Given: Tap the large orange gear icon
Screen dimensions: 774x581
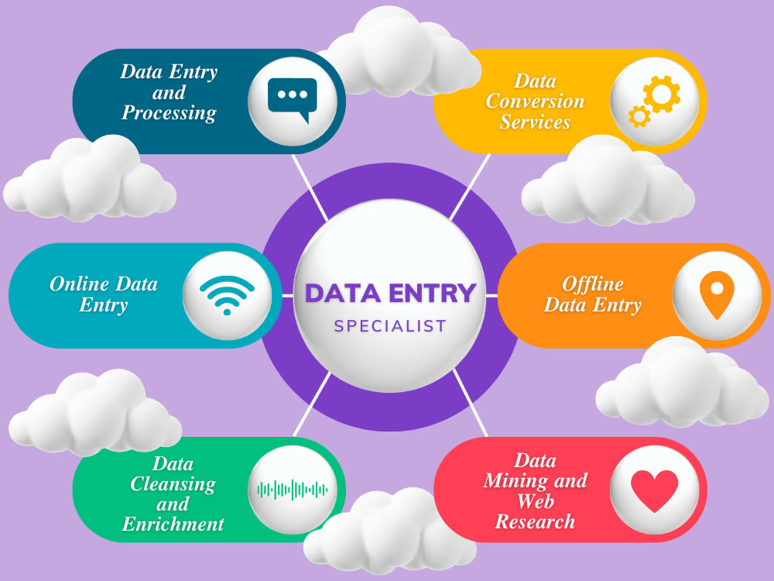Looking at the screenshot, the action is tap(662, 94).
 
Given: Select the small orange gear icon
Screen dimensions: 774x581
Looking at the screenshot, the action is tap(639, 116).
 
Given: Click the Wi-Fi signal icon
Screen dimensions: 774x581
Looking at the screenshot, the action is tap(227, 295).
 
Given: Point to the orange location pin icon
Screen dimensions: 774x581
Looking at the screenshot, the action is tap(717, 294).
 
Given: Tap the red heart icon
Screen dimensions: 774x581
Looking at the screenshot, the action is tap(655, 490).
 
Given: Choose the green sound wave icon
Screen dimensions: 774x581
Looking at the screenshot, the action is tap(293, 490).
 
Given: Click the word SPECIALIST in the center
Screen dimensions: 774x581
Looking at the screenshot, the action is tap(390, 326).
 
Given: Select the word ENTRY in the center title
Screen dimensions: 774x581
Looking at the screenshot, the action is tap(432, 293).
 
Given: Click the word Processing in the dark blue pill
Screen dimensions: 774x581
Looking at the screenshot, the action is tap(169, 112).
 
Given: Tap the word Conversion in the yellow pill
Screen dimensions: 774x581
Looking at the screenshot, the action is tap(535, 101).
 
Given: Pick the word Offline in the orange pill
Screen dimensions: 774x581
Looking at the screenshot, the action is tap(592, 284).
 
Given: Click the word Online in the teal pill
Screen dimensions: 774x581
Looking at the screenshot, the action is tap(79, 284).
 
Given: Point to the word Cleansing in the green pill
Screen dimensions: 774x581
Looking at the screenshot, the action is tap(173, 484).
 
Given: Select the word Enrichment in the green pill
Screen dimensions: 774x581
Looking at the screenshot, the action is tap(173, 524).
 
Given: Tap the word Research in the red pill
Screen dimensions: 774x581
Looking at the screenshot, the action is tap(535, 521).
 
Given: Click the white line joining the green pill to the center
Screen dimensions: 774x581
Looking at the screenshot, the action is tap(313, 404).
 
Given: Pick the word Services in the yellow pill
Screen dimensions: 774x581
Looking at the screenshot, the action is tap(535, 122).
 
